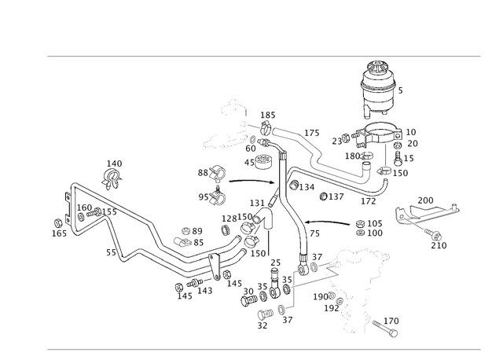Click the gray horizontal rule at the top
pos(263,57)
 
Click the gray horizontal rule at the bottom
pos(263,349)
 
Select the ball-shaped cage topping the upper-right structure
pos(380,83)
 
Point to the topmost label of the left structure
pos(115,163)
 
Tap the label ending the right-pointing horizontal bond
pos(369,228)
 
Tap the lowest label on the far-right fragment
pos(438,247)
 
